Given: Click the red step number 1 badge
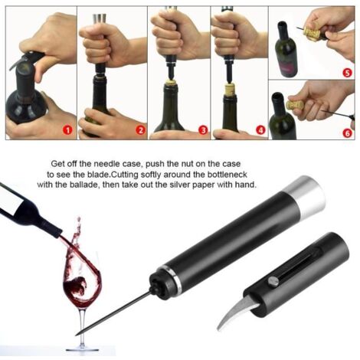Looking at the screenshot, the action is tap(67, 130).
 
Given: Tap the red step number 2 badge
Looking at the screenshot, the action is tap(140, 130).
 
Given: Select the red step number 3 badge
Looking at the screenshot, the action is tap(204, 130).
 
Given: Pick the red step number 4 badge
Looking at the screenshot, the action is tap(260, 130).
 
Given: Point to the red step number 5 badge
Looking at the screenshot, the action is tap(347, 73).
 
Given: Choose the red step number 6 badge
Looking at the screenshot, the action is tap(347, 133).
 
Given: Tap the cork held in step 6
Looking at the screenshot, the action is tap(294, 106).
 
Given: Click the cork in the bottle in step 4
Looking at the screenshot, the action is tap(230, 89).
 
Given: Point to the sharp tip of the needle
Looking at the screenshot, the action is tap(76, 335).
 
